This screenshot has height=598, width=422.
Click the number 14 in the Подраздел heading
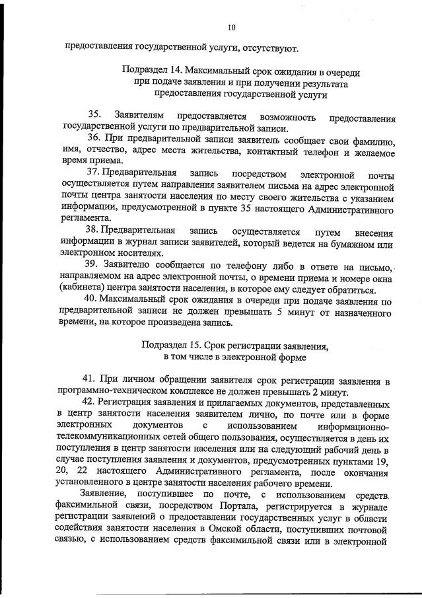tap(176, 69)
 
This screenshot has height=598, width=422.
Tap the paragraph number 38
tap(94, 232)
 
